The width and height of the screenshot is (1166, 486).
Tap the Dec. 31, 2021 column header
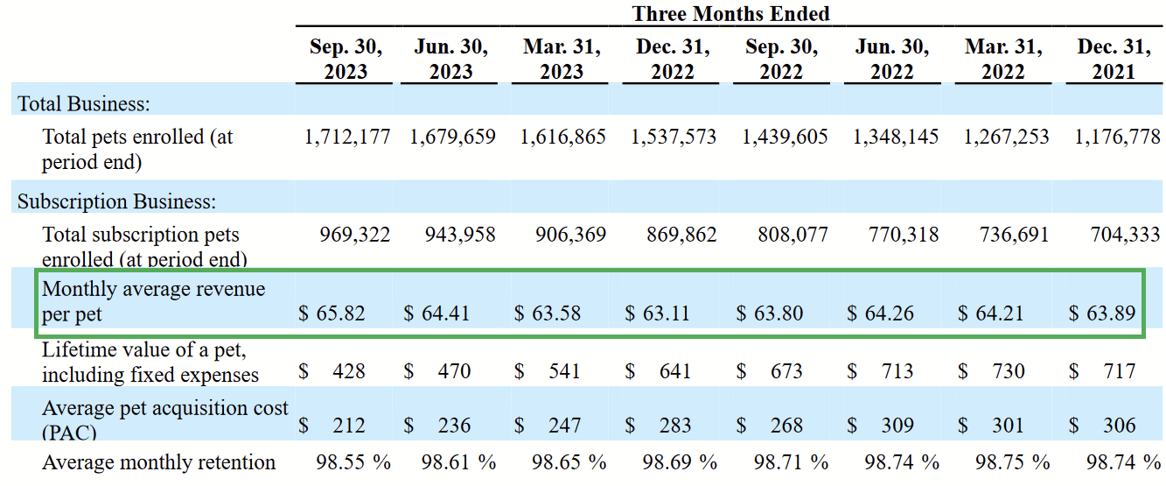[1113, 59]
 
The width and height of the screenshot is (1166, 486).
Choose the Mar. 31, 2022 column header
[1002, 59]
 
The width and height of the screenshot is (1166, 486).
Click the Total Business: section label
[84, 103]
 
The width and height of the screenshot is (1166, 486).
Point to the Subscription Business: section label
[116, 201]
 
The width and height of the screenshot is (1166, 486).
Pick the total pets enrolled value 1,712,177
[347, 137]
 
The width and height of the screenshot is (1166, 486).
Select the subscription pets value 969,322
[355, 235]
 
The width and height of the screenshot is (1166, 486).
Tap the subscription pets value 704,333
[1125, 235]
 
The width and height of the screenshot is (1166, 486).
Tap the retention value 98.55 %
[353, 462]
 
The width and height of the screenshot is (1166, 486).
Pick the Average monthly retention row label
[158, 462]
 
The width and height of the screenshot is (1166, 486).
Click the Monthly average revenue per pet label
[153, 300]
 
